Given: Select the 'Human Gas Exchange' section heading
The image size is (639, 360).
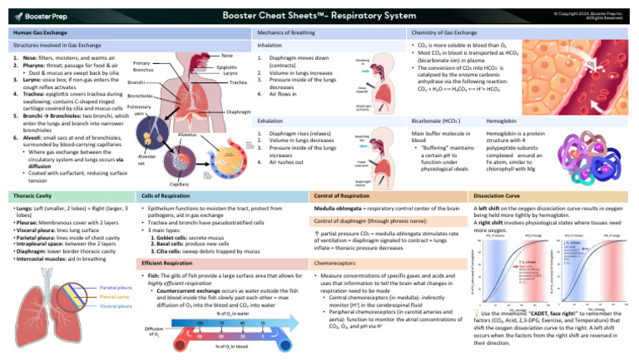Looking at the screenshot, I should (39, 32).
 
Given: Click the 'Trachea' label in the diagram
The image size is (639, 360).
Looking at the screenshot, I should (239, 82).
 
